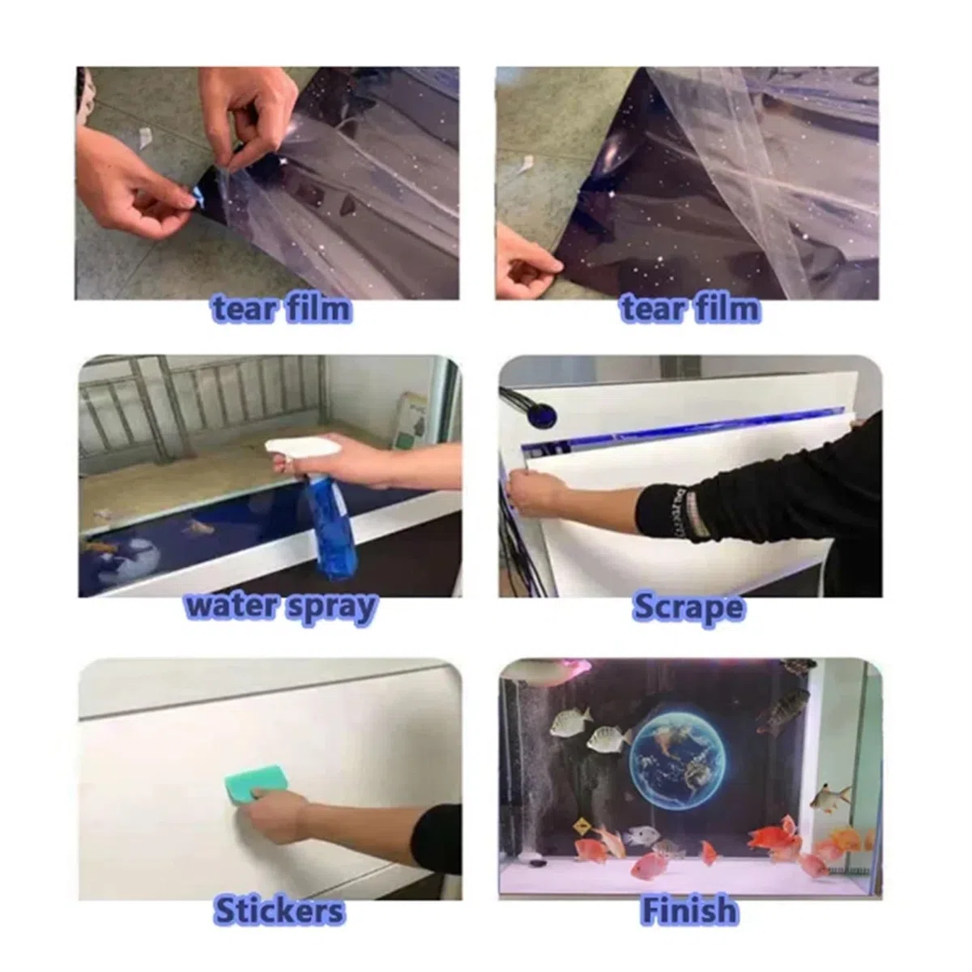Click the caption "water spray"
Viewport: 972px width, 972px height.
(281, 607)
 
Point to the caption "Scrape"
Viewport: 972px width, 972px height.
(688, 607)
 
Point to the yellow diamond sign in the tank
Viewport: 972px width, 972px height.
(581, 825)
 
